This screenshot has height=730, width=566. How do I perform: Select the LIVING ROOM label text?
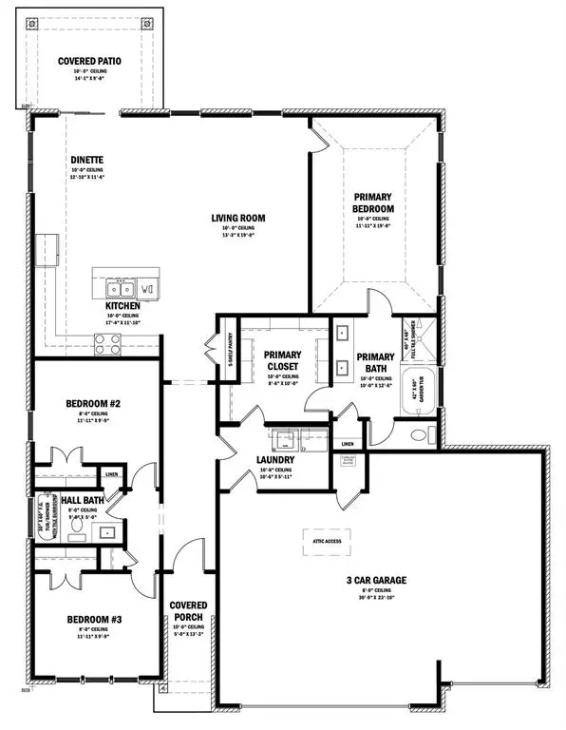tap(238, 218)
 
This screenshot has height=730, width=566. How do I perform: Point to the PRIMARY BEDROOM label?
tap(374, 202)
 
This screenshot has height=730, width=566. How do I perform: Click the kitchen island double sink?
tap(120, 287)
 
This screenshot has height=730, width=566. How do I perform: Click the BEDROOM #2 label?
tap(92, 403)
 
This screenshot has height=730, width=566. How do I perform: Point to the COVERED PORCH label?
tap(189, 611)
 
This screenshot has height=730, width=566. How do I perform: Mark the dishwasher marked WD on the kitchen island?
tap(148, 287)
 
